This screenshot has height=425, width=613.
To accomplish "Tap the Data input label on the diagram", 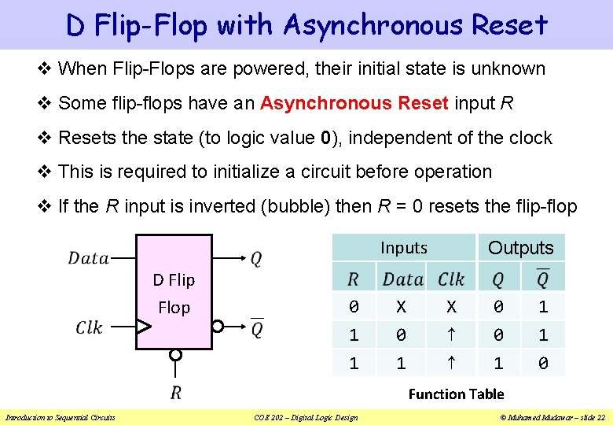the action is pyautogui.click(x=89, y=258).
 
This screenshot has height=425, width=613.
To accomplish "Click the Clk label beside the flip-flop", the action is pyautogui.click(x=89, y=327).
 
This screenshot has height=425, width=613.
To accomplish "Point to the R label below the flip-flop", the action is pyautogui.click(x=176, y=392).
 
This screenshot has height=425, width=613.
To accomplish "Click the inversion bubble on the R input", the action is pyautogui.click(x=176, y=355).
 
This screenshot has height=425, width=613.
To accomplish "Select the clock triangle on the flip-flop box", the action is pyautogui.click(x=144, y=326).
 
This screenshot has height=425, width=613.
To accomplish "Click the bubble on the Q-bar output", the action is pyautogui.click(x=218, y=326).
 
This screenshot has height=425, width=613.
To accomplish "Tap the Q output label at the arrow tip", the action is pyautogui.click(x=256, y=258).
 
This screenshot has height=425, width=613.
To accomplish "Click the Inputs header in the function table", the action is pyautogui.click(x=403, y=248).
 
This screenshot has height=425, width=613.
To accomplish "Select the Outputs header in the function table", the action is pyautogui.click(x=520, y=248).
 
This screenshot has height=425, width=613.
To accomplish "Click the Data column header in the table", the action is pyautogui.click(x=403, y=279).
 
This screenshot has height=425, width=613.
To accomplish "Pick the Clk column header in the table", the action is pyautogui.click(x=451, y=279).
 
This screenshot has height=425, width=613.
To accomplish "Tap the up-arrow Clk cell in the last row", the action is pyautogui.click(x=451, y=364).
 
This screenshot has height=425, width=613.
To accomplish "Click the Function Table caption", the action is pyautogui.click(x=456, y=394).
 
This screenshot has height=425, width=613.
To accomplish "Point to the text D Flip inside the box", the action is pyautogui.click(x=174, y=279).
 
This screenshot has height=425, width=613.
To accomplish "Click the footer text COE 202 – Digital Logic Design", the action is pyautogui.click(x=306, y=417).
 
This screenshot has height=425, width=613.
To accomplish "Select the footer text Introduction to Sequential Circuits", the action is pyautogui.click(x=61, y=417).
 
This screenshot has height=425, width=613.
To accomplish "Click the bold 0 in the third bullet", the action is pyautogui.click(x=326, y=138).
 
